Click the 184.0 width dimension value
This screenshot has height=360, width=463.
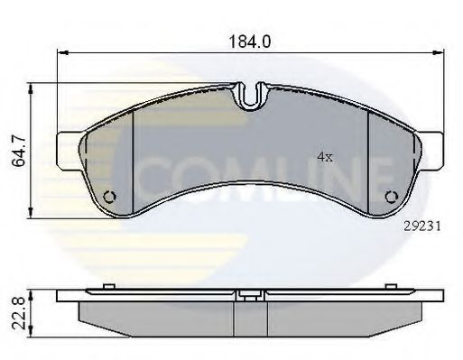[x=250, y=42]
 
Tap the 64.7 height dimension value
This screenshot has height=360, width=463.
[x=20, y=152]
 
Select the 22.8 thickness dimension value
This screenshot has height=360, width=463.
[x=19, y=313]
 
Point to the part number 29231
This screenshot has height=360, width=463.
[x=421, y=226]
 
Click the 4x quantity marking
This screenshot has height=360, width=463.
[x=325, y=157]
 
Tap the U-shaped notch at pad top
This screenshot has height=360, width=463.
[x=250, y=97]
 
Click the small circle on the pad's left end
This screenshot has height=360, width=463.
[x=109, y=197]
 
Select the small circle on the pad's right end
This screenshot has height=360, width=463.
[x=392, y=197]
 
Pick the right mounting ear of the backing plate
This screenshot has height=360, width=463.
[x=431, y=151]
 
